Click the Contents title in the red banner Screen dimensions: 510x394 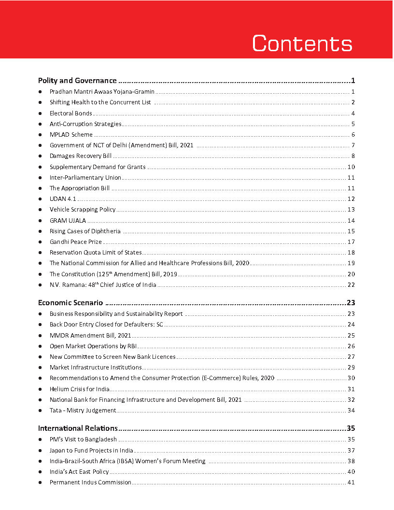tap(302, 43)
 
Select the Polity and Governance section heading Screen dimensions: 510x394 tap(77, 81)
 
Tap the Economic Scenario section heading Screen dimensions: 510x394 tap(70, 303)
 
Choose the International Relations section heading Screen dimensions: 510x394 tap(78, 428)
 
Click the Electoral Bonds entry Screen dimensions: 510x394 tap(70, 113)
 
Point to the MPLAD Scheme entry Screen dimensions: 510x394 tap(71, 135)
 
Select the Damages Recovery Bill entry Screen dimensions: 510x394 tap(81, 156)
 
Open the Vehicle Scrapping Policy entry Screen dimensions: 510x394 tap(83, 209)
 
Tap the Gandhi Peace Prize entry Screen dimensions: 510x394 tap(75, 241)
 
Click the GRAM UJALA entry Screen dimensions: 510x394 tap(68, 220)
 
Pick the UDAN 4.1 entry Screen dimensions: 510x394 tap(63, 199)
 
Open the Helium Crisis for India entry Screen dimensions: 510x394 tap(80, 389)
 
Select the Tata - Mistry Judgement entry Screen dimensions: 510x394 tap(83, 410)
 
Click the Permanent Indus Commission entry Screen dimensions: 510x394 tap(90, 482)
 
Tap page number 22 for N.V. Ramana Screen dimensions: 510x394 tap(351, 285)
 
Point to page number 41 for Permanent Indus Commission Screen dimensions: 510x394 tap(351, 482)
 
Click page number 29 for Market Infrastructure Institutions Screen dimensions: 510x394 tap(351, 368)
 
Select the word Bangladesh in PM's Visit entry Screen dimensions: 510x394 tap(100, 439)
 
